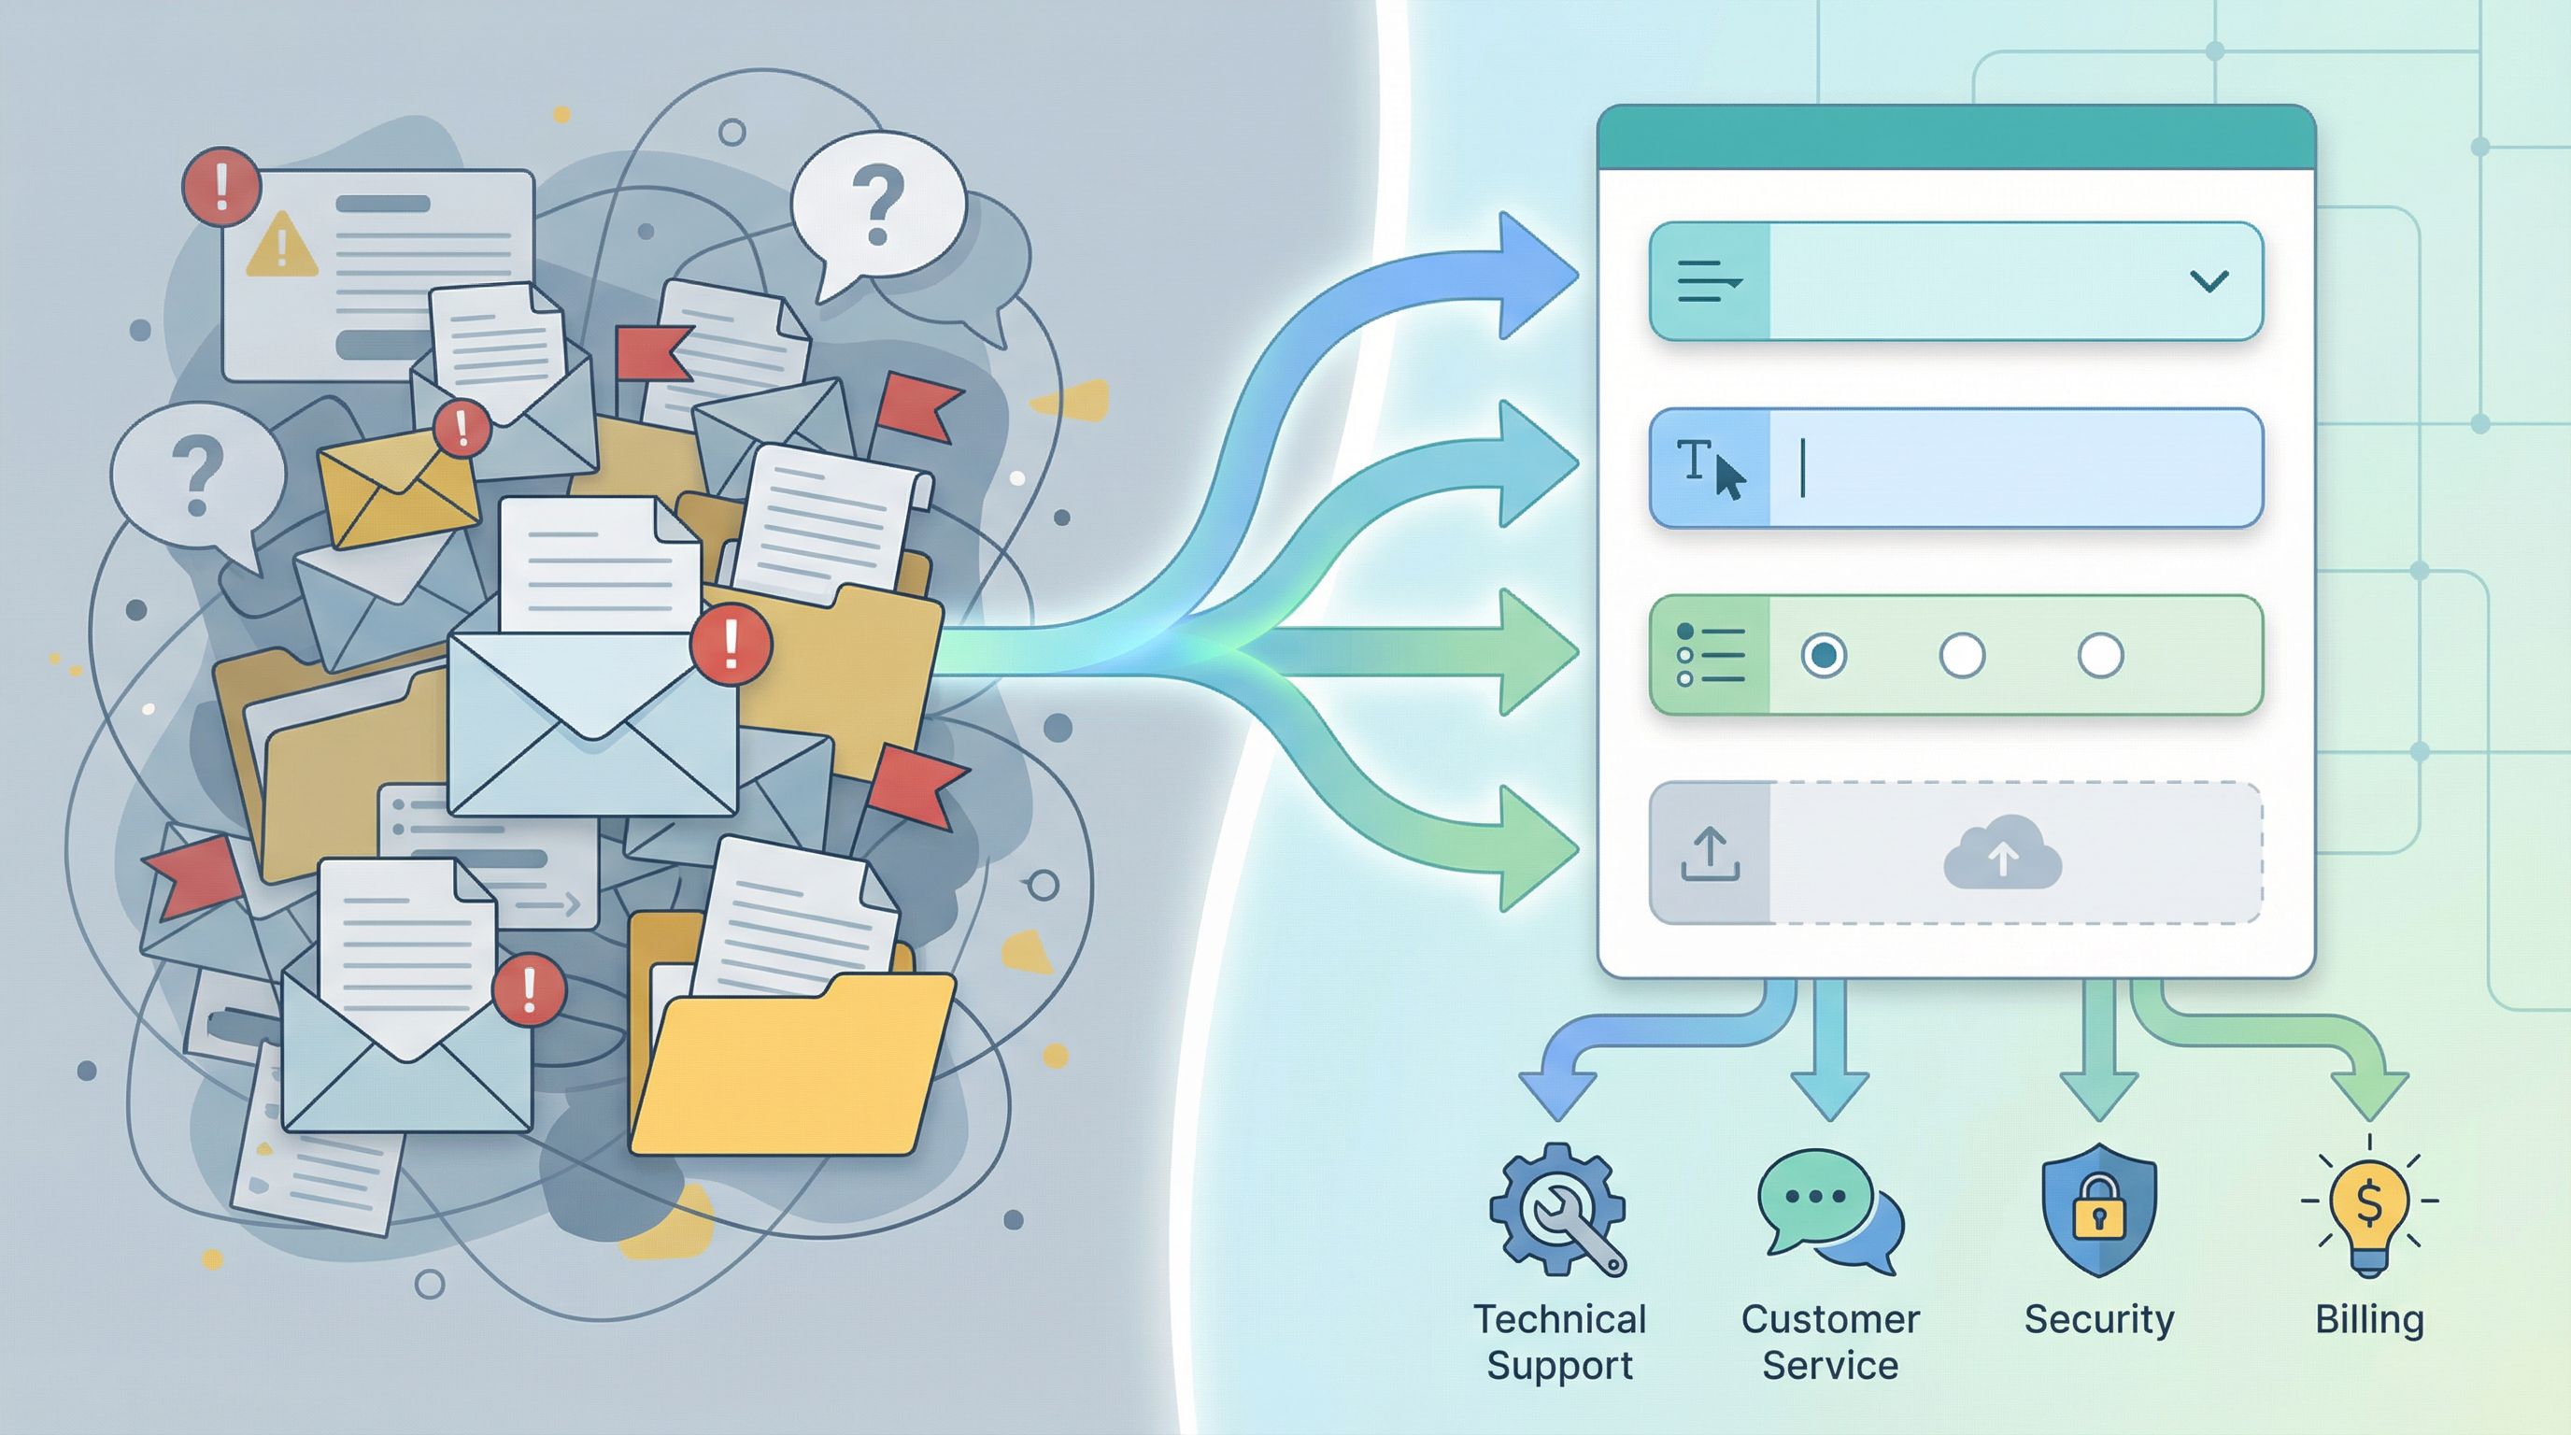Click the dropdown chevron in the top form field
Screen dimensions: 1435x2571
2209,281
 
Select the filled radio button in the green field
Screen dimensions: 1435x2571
1824,656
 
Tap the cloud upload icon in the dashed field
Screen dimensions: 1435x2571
2002,854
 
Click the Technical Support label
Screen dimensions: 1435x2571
1559,1342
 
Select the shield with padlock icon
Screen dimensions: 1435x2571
2099,1210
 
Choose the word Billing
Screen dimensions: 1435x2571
2369,1319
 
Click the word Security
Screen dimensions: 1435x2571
2099,1319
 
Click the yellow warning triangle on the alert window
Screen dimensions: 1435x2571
281,246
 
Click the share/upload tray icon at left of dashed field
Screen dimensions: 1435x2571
1710,854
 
